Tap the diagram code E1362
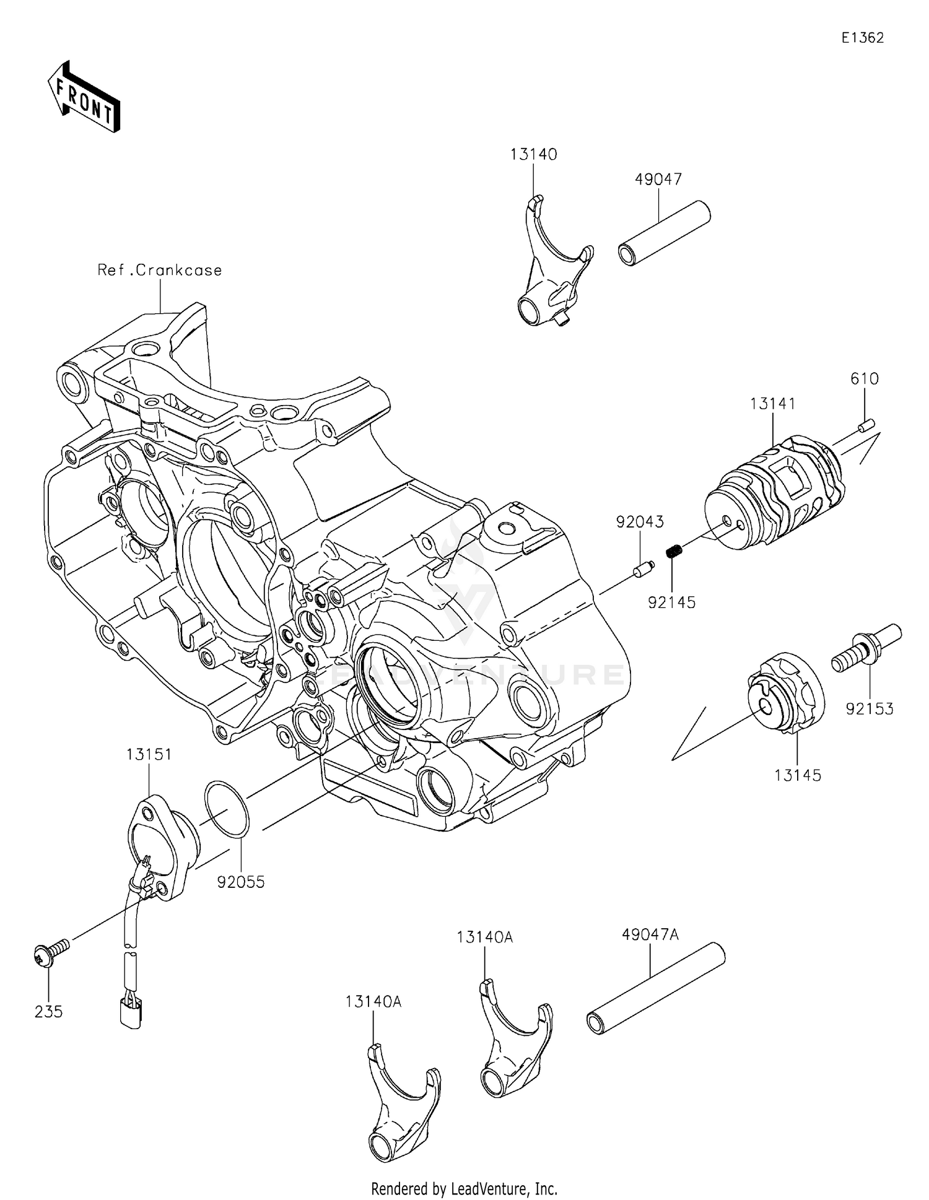click(x=862, y=38)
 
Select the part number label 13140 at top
click(x=533, y=154)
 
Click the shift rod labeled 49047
click(x=665, y=233)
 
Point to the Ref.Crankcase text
click(x=159, y=270)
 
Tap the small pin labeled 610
click(x=865, y=425)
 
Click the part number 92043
click(x=640, y=522)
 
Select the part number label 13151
click(x=149, y=754)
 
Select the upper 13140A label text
click(x=485, y=937)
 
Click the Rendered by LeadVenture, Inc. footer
click(x=464, y=1188)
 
